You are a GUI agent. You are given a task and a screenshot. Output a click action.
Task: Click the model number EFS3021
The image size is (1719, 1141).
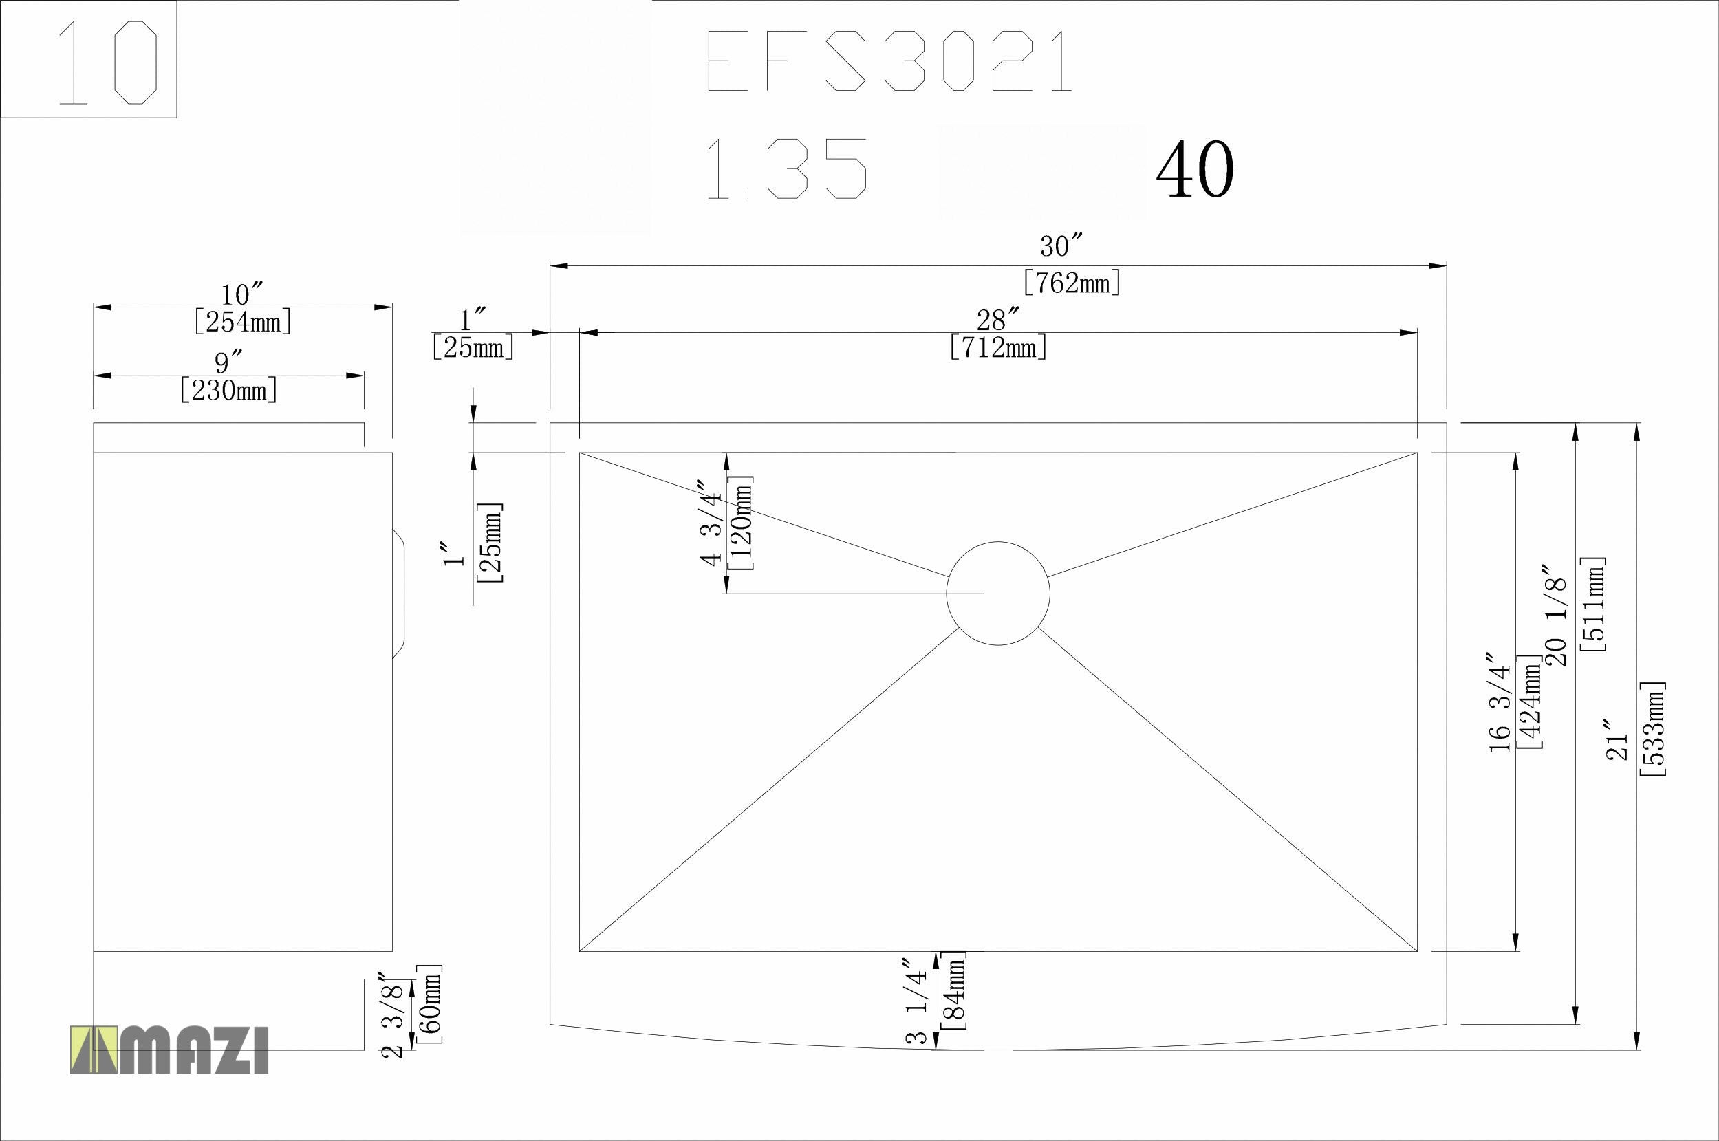click(889, 61)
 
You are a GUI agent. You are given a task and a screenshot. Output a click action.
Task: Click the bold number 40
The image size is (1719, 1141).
click(1195, 170)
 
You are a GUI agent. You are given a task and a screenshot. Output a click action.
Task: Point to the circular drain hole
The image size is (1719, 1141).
click(998, 593)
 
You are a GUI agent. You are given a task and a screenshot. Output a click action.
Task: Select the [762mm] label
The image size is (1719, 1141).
click(1071, 281)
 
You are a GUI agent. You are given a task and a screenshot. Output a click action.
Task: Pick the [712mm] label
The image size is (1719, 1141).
click(999, 347)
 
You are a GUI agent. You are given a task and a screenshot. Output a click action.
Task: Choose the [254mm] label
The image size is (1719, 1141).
click(243, 322)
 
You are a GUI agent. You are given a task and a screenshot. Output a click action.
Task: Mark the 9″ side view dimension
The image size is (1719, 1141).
click(228, 362)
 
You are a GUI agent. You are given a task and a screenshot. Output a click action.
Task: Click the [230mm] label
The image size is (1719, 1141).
click(228, 391)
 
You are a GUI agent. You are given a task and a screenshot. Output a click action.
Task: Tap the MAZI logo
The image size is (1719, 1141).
click(169, 1050)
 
